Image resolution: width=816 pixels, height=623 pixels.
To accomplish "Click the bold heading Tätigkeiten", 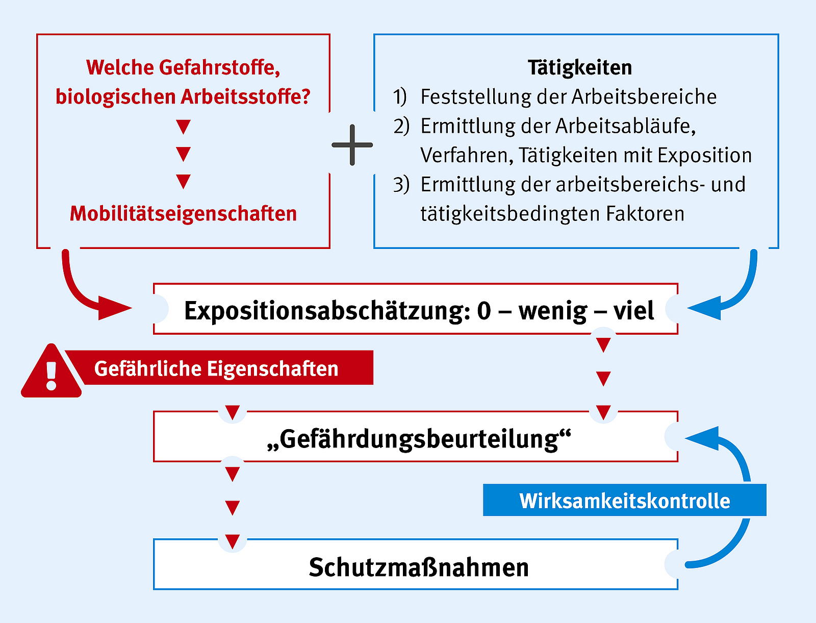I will coord(580,67).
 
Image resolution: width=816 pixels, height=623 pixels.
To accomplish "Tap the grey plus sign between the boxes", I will coord(352,145).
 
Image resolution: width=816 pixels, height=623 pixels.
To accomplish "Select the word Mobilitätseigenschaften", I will coord(183,213).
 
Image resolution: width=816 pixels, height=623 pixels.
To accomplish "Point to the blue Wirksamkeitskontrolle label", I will coord(624,501).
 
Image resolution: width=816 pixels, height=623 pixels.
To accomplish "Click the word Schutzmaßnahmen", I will coord(419,567).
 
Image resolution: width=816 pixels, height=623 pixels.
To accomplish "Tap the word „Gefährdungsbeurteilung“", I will coord(419,439).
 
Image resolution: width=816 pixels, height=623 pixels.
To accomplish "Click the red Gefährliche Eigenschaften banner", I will coord(217,368).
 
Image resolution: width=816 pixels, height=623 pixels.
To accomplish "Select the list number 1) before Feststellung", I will coord(400,97).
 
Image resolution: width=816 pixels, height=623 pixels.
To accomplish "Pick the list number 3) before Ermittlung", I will coord(401,185).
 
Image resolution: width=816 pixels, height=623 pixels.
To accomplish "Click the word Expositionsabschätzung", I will coord(327,310).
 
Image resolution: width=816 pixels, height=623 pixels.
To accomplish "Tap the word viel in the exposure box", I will coord(633,310).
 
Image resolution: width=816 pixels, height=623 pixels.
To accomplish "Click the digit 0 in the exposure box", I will coord(484,310).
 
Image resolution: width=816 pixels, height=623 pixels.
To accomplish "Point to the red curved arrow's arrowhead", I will coord(114,308).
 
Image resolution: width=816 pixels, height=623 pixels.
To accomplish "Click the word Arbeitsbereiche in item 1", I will coord(644,97).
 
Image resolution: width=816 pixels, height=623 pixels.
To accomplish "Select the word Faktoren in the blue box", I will coord(645,214).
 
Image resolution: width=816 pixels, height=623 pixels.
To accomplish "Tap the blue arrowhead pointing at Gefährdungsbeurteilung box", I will coord(704,438).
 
